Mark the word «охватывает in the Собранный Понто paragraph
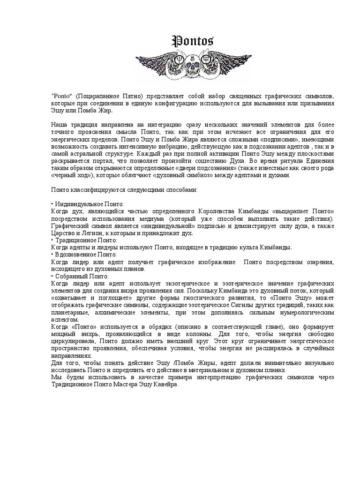pyautogui.click(x=70, y=298)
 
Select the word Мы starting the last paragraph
pyautogui.click(x=55, y=376)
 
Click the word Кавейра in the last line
pyautogui.click(x=165, y=384)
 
